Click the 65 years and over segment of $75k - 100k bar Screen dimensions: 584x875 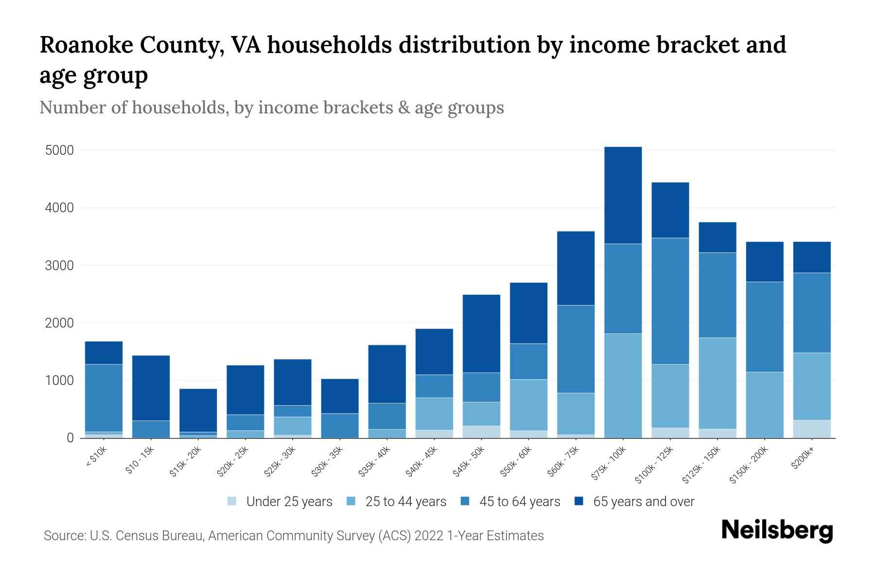click(x=623, y=195)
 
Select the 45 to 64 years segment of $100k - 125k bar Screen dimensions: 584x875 click(x=670, y=301)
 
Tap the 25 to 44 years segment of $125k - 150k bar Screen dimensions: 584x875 click(x=717, y=383)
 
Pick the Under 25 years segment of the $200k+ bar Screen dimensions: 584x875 click(x=811, y=429)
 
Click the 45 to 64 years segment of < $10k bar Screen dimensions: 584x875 click(x=104, y=398)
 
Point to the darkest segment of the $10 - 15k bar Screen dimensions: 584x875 click(x=151, y=388)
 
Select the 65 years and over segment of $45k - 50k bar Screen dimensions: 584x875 click(x=481, y=333)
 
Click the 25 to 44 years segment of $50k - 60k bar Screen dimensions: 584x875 click(x=528, y=405)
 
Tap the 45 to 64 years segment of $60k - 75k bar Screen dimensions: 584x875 click(x=576, y=349)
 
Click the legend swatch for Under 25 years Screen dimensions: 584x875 click(x=232, y=501)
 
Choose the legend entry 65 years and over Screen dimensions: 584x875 click(x=643, y=502)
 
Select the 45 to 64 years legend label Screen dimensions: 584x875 click(x=520, y=502)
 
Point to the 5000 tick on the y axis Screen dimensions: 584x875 click(x=59, y=150)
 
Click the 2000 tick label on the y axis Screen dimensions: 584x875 click(x=59, y=323)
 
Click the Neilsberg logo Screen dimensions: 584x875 click(x=777, y=530)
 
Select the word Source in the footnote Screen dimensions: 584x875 click(x=63, y=536)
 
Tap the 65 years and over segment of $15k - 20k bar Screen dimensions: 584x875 click(x=198, y=410)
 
